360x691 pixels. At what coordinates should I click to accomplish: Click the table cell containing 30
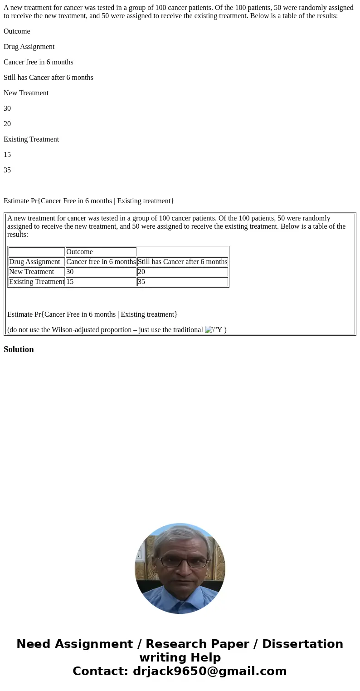101,272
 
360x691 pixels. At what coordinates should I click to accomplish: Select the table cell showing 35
182,282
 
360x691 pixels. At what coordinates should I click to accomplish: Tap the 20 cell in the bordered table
182,272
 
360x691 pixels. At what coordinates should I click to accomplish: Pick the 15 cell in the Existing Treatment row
101,282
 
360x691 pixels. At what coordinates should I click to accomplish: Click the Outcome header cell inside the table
101,252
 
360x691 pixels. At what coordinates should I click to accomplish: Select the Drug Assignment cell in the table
36,262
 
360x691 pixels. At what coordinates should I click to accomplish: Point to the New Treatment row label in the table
36,272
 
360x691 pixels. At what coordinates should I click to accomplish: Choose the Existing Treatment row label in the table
36,282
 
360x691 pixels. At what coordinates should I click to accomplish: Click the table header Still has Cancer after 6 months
182,262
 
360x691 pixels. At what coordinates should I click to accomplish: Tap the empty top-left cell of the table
36,252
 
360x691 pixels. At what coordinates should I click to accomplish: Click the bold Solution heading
19,349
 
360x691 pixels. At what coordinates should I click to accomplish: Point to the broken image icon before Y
209,330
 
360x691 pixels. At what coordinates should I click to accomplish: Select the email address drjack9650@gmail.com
209,671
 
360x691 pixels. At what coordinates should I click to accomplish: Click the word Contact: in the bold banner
101,671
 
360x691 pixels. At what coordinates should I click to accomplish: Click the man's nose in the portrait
184,570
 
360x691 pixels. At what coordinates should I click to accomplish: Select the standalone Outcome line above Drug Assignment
17,31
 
